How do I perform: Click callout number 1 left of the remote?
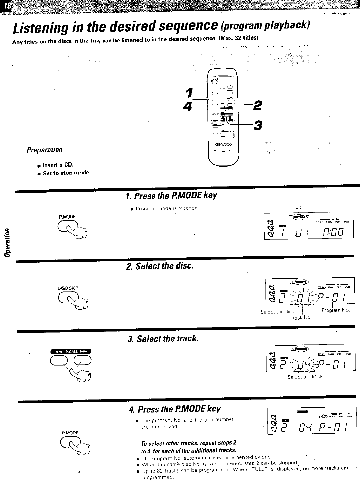[190, 92]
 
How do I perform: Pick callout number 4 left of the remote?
[187, 106]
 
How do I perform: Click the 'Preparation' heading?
[45, 149]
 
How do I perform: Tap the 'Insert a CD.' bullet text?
[58, 165]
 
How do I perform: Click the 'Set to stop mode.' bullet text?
[67, 173]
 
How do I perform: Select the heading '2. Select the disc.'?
[160, 266]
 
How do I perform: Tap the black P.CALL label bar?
[71, 352]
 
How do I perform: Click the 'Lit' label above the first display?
[298, 207]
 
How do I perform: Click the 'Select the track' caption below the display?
[305, 376]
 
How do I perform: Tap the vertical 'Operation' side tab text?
[6, 242]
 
